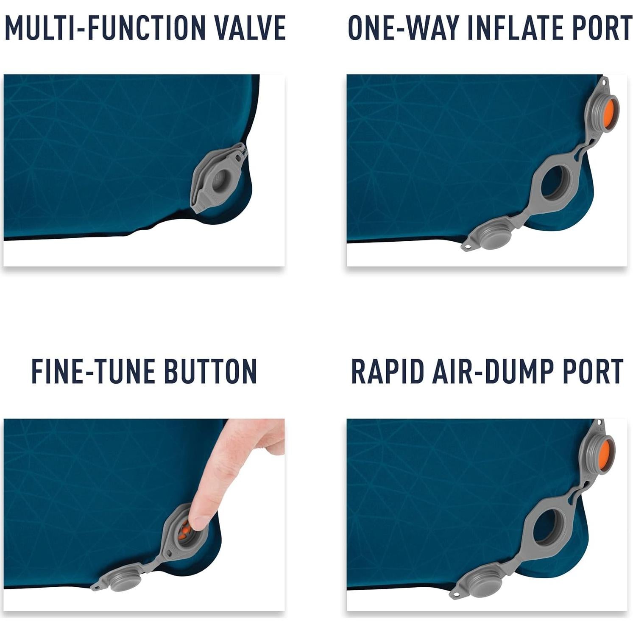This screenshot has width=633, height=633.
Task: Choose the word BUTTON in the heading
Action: (x=210, y=371)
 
